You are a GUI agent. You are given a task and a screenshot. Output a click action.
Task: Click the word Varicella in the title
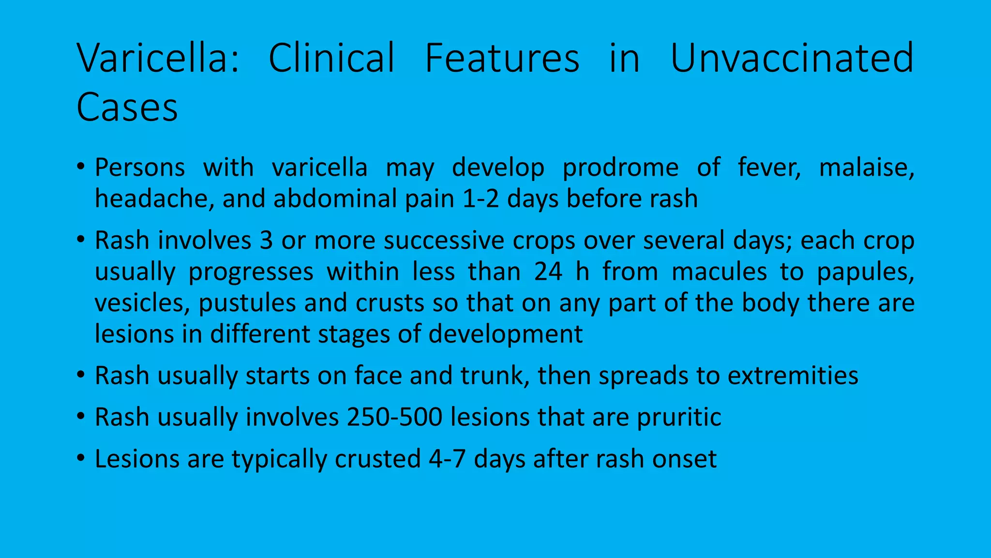click(x=158, y=58)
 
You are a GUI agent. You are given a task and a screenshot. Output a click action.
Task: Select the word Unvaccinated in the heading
click(x=792, y=58)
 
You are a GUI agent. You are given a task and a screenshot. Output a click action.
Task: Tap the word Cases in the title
click(x=127, y=107)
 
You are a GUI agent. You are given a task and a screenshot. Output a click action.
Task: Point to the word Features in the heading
click(x=502, y=58)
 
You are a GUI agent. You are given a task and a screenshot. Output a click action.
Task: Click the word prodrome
click(x=620, y=168)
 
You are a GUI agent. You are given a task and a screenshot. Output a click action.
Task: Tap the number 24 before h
click(x=548, y=272)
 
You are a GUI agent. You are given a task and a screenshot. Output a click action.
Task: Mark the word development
click(x=505, y=334)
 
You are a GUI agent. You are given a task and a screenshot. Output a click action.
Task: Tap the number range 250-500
click(x=394, y=418)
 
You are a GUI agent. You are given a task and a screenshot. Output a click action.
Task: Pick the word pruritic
click(x=679, y=418)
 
